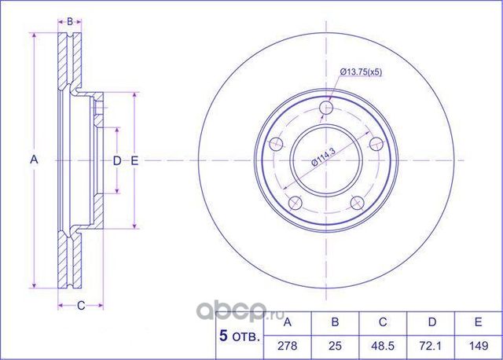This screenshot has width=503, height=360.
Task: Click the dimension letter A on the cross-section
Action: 34,160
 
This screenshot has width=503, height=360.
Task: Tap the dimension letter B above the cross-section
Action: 69,21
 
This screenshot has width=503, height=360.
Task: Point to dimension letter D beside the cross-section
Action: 117,161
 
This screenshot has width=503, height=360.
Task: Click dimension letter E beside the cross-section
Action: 134,161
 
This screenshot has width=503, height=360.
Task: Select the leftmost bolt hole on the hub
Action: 276,145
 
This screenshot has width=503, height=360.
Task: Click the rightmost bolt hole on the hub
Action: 376,143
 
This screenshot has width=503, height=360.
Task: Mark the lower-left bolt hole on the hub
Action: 295,202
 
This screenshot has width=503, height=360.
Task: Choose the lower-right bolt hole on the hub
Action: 358,202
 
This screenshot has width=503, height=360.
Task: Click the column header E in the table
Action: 476,322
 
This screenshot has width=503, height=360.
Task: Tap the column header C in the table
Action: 382,322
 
